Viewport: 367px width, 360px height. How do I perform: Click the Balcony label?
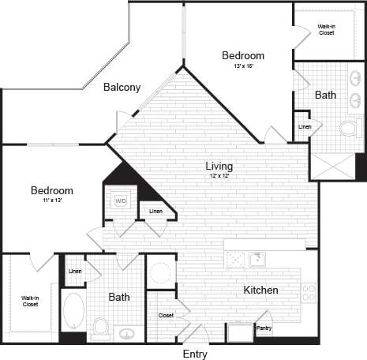[122, 88]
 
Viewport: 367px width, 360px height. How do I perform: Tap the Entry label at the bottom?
[194, 354]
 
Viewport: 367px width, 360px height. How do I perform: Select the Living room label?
[219, 166]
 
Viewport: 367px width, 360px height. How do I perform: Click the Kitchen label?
[260, 291]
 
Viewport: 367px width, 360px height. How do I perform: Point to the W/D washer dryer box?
[121, 201]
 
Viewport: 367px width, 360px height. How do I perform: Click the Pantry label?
[264, 327]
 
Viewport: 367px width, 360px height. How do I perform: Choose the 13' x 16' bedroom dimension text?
[242, 67]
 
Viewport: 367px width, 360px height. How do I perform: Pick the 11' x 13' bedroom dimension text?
[52, 201]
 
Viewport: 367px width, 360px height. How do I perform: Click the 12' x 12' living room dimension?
[219, 176]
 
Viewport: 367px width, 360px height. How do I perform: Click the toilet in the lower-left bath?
[100, 326]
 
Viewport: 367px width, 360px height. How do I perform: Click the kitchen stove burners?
[309, 293]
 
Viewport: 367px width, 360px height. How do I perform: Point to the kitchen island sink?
[257, 260]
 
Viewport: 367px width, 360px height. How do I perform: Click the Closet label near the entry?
[165, 315]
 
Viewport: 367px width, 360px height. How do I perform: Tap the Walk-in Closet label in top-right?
[326, 30]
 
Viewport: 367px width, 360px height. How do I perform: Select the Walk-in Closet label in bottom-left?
[30, 300]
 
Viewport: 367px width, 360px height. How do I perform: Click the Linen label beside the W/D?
[155, 211]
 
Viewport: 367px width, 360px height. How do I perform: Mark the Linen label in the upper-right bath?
[304, 126]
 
